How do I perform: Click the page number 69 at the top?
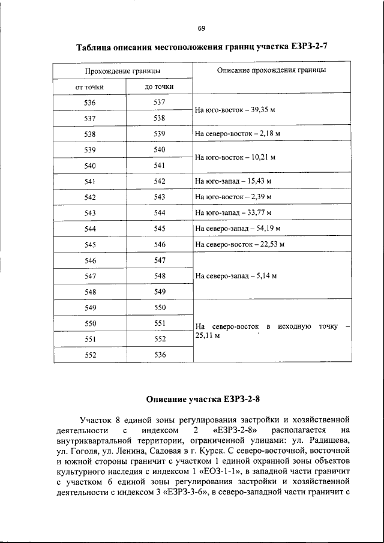[201, 28]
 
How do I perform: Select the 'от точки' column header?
[89, 87]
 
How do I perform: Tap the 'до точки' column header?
[159, 87]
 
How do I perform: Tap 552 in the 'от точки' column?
[90, 355]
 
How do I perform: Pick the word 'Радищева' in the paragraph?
[329, 440]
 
